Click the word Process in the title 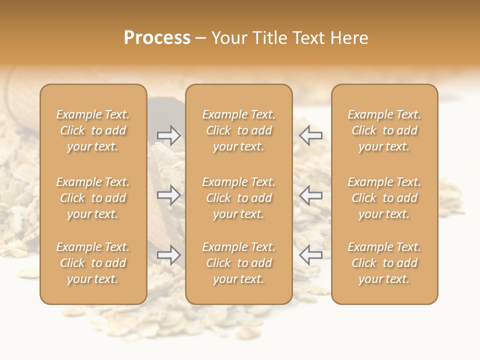pos(157,38)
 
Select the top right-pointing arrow pos(168,135)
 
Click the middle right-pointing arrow pos(168,194)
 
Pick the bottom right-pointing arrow pos(168,255)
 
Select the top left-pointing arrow pos(310,135)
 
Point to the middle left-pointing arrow pos(310,194)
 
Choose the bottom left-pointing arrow pos(310,255)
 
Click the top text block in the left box pos(93,130)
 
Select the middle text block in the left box pos(93,198)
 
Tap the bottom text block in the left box pos(93,263)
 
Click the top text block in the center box pos(238,130)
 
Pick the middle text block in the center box pos(238,198)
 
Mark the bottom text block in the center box pos(238,263)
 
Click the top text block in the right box pos(384,130)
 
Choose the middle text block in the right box pos(384,198)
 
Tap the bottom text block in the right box pos(384,263)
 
